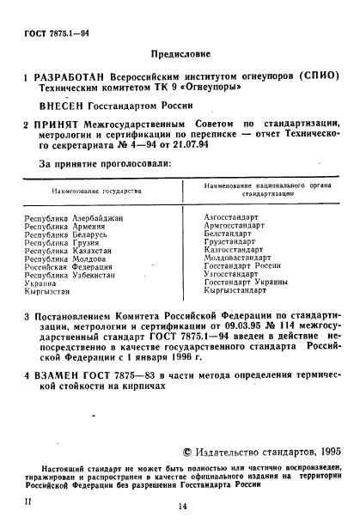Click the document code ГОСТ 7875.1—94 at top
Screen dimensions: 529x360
tap(51, 33)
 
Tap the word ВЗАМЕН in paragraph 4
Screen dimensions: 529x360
tap(58, 376)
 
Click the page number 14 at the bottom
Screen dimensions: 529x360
tap(181, 507)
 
